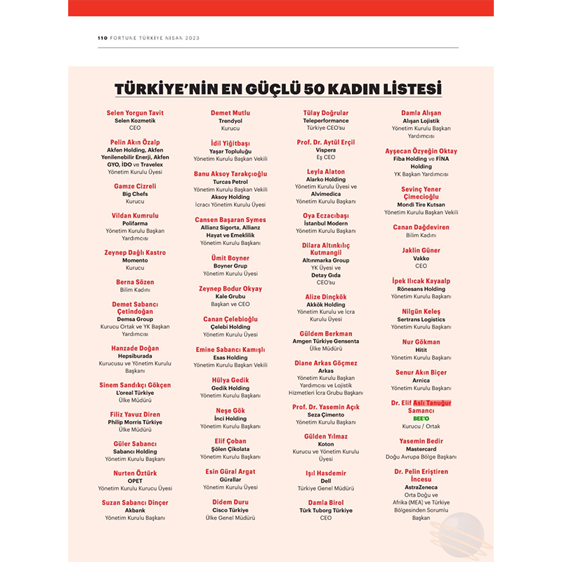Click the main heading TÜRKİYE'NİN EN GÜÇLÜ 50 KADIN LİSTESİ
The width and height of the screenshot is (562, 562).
point(278,89)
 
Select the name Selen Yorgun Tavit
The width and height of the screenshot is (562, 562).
point(134,112)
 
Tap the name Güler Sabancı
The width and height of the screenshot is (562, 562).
point(134,444)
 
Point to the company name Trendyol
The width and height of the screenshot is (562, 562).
point(230,121)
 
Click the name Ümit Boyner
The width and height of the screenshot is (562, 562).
point(230,259)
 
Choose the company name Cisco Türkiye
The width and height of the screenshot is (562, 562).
point(230,510)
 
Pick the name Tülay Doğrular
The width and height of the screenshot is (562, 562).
point(325,112)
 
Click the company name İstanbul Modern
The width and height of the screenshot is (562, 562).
point(325,223)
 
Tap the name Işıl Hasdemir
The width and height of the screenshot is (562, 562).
point(325,473)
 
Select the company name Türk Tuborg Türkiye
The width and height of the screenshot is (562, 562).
point(325,510)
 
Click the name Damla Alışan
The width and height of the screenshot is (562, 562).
point(421,112)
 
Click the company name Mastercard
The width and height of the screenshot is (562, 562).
point(421,449)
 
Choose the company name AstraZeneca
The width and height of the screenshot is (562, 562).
point(421,487)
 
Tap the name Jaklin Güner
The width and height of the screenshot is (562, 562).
point(421,250)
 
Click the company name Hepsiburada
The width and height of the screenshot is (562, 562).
point(134,356)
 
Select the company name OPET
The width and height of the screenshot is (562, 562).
point(134,481)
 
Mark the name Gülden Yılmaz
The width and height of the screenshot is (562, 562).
point(325,436)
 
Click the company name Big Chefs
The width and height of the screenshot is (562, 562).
point(134,194)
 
